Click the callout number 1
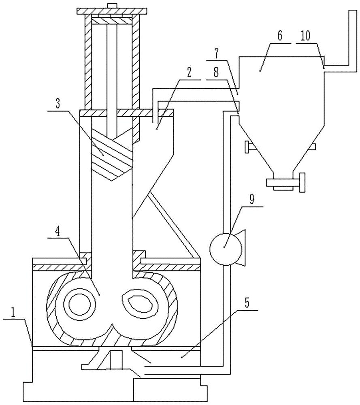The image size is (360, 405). click(13, 312)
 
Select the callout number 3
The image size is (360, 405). click(58, 103)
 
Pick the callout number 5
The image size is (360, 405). click(247, 303)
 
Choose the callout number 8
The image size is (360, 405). click(216, 72)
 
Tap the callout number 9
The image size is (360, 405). click(252, 200)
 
